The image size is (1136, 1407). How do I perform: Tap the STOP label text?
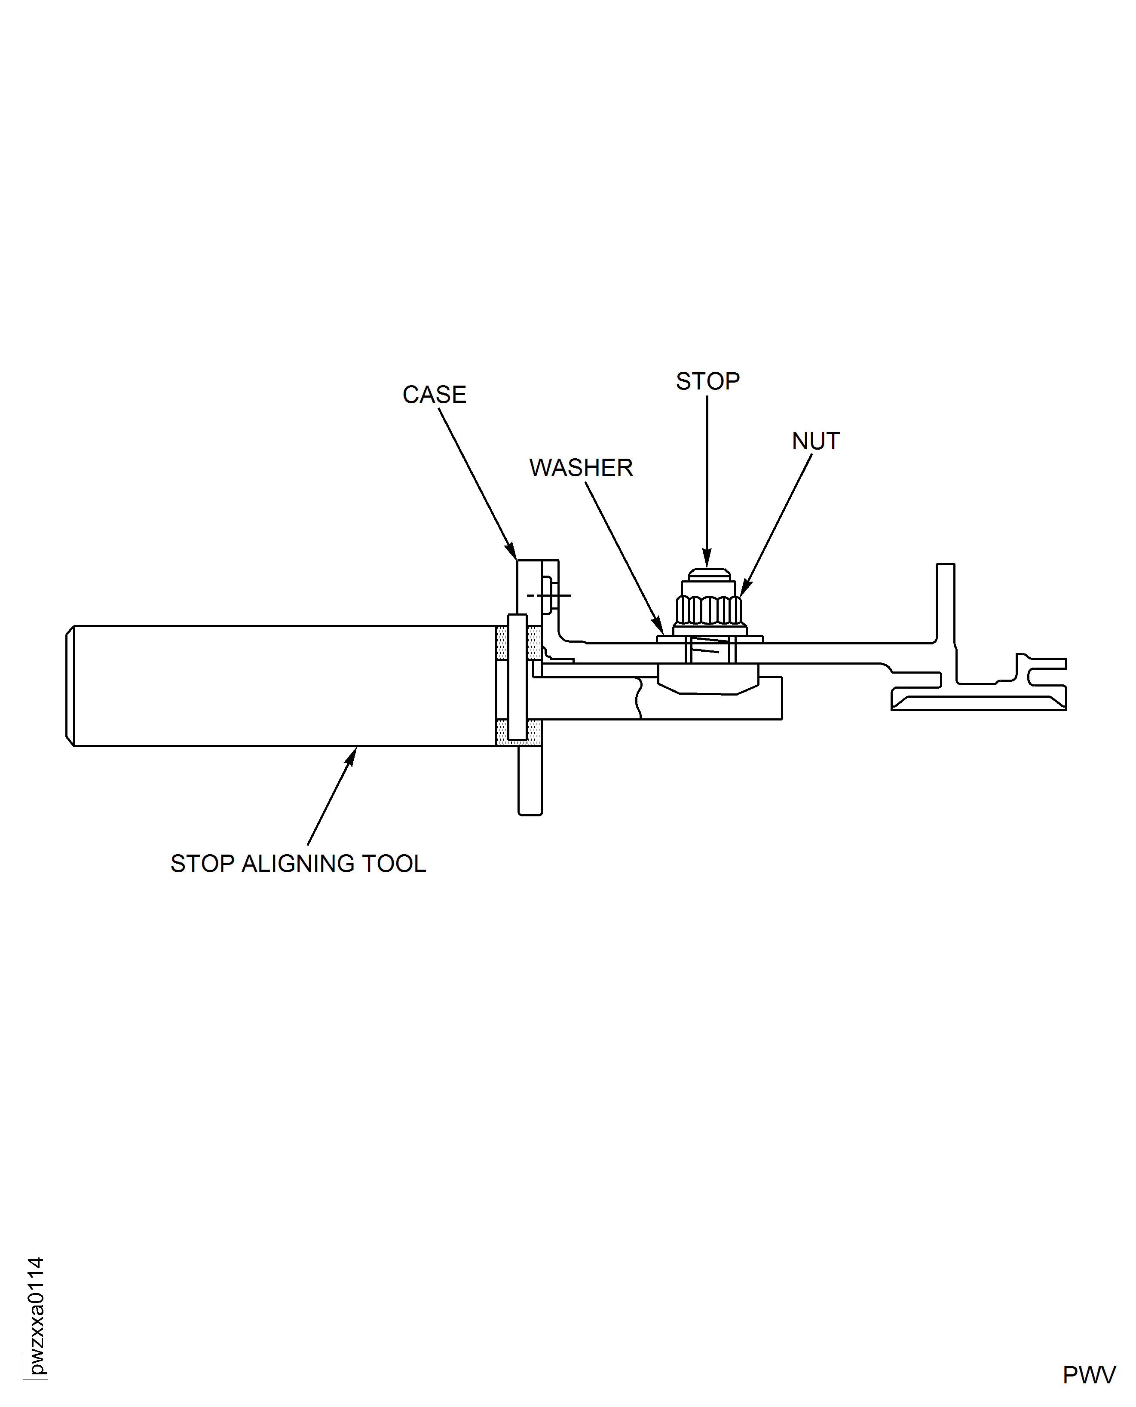tap(707, 381)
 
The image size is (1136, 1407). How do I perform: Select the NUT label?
tap(815, 441)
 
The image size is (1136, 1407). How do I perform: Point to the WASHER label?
tap(580, 468)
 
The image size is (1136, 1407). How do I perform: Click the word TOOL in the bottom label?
tap(394, 864)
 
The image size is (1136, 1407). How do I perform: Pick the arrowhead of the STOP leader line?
tap(707, 560)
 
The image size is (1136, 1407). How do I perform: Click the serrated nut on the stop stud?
tap(709, 609)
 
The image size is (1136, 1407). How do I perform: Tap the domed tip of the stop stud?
tap(709, 574)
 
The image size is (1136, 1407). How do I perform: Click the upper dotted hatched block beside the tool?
tap(502, 643)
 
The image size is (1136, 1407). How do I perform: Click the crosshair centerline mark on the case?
tap(548, 595)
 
